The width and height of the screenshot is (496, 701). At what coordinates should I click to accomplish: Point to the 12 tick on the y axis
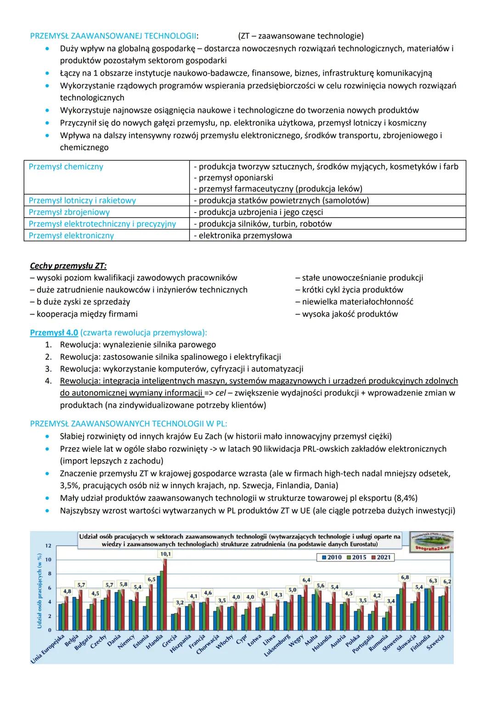point(48,545)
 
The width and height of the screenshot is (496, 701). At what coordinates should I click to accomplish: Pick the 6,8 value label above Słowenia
point(405,577)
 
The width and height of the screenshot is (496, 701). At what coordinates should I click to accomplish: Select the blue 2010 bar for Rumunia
point(384,623)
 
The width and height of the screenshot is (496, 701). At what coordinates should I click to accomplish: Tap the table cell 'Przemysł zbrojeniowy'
point(69,212)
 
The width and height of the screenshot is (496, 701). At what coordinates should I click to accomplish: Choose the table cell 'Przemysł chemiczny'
point(66,167)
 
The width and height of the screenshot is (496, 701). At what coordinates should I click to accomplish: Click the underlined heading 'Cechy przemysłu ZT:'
point(68,266)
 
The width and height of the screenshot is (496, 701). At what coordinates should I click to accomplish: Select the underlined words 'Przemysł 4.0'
point(54,332)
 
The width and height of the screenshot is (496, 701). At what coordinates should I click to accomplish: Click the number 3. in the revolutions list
point(48,369)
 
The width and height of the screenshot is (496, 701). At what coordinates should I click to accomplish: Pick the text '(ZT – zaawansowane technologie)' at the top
point(301,36)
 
